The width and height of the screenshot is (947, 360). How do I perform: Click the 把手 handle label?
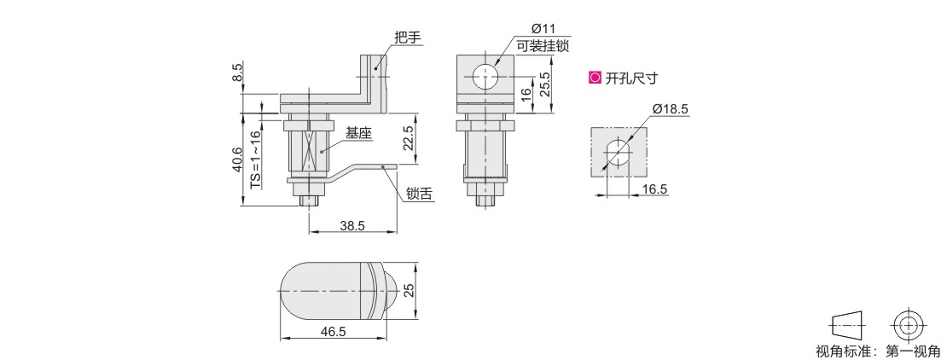407,38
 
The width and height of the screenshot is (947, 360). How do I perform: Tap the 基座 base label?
357,132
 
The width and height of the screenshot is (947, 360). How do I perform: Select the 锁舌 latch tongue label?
419,194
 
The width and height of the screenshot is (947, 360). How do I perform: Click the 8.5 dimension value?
239,73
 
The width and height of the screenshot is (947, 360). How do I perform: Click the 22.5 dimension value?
409,138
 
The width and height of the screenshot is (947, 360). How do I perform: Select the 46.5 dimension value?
333,332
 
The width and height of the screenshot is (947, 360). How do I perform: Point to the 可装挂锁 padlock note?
543,45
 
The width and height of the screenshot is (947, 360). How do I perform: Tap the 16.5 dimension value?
654,189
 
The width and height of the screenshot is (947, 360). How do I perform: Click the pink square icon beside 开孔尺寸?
595,78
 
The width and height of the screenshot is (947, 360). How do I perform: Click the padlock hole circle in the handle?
486,77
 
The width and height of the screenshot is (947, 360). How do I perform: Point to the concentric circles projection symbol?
907,325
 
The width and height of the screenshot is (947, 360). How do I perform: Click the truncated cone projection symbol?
847,326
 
